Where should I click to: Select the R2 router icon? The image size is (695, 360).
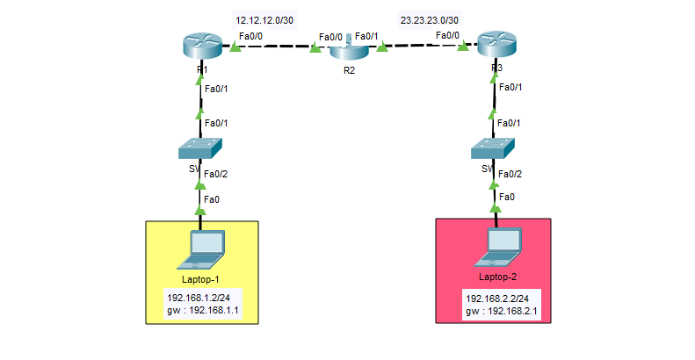(x=349, y=47)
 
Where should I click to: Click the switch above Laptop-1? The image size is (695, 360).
(x=201, y=148)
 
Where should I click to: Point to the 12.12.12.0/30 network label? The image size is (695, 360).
(x=264, y=19)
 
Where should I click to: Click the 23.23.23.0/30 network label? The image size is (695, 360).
(x=429, y=19)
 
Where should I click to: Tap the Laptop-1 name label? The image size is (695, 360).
(x=201, y=278)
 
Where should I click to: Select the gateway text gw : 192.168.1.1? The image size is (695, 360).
(x=202, y=311)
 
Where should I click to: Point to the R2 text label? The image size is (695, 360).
(x=350, y=69)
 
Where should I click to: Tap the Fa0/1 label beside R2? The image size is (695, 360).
(x=367, y=36)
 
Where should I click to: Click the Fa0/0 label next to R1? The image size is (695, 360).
(x=250, y=35)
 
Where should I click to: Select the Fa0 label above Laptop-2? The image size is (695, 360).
(x=505, y=199)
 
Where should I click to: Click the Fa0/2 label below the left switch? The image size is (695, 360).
(x=215, y=174)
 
